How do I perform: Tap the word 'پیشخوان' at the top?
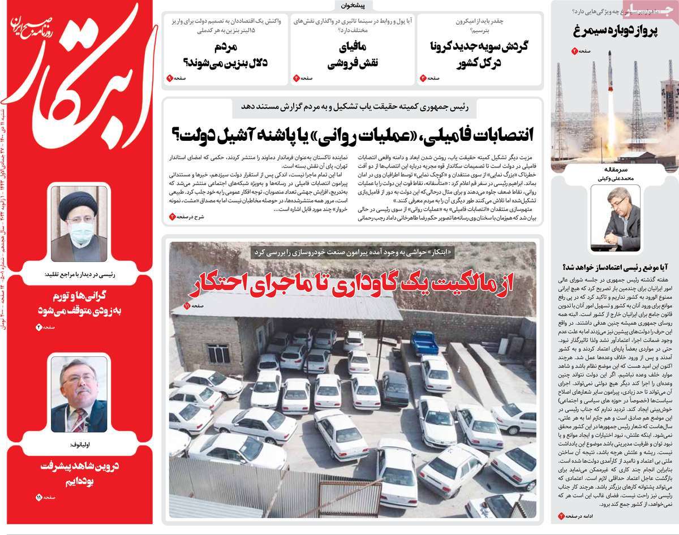point(354,6)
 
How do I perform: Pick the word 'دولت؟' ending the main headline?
point(192,135)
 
